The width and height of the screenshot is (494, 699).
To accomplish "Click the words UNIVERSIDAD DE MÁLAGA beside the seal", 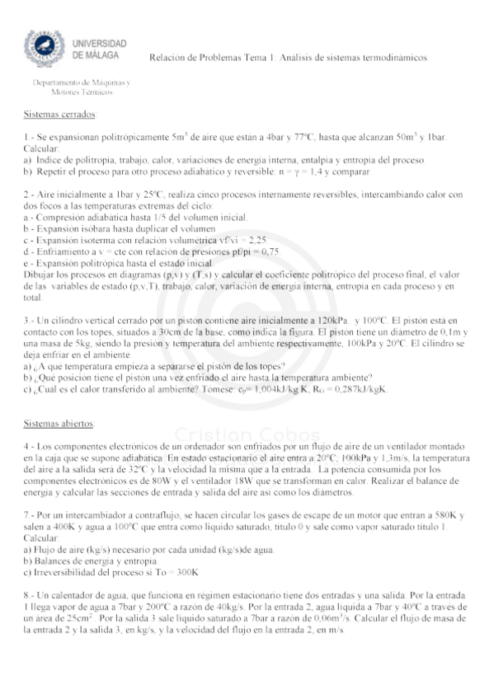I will [99, 49].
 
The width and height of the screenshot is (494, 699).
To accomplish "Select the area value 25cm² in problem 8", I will [81, 617].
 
